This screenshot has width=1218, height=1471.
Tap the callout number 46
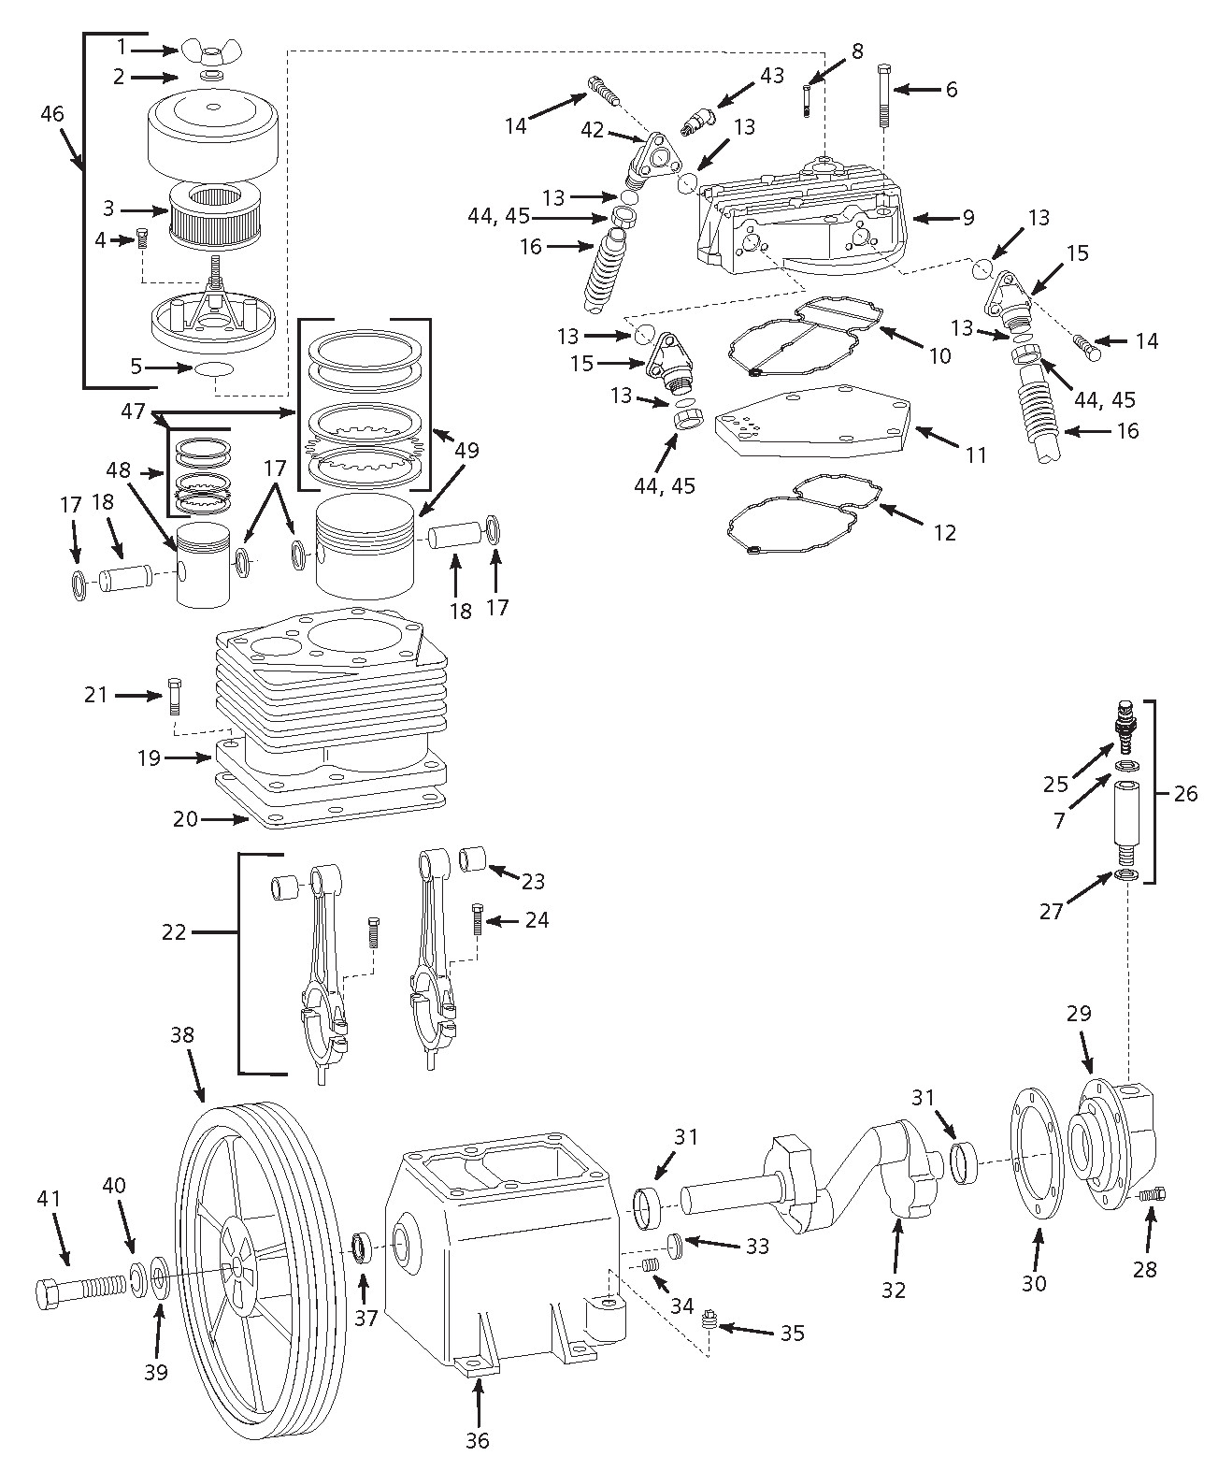point(52,114)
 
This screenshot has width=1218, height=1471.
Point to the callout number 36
point(477,1440)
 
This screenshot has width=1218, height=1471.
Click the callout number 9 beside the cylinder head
point(968,217)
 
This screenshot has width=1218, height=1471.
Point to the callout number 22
point(174,932)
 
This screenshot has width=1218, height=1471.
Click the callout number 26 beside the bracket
point(1185,794)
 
